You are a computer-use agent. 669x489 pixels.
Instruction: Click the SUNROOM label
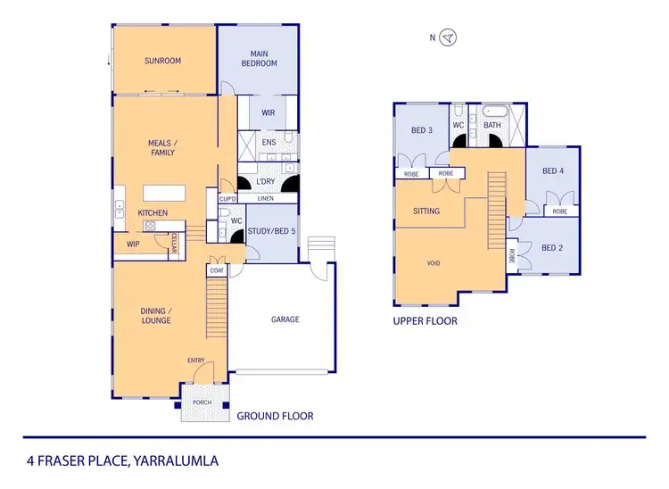163,62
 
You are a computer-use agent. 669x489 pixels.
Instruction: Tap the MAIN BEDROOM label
260,59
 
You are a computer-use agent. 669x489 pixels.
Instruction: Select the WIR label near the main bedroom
268,112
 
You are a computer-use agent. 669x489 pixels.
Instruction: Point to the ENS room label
268,142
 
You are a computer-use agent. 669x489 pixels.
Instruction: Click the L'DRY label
266,182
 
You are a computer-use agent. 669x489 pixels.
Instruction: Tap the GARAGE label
285,319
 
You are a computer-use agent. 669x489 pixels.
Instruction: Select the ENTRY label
195,361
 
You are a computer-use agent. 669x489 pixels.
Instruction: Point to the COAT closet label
216,270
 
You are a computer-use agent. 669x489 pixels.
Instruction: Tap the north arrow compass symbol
449,37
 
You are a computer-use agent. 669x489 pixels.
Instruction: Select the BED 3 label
422,130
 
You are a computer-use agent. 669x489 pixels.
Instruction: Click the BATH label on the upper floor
492,126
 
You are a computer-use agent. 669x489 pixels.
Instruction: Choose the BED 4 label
553,171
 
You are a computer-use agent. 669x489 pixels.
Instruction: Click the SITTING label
426,211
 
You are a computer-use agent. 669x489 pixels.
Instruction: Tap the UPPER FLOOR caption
425,320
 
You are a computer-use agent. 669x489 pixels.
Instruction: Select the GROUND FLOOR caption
274,416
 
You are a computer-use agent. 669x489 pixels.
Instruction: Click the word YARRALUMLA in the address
175,461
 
